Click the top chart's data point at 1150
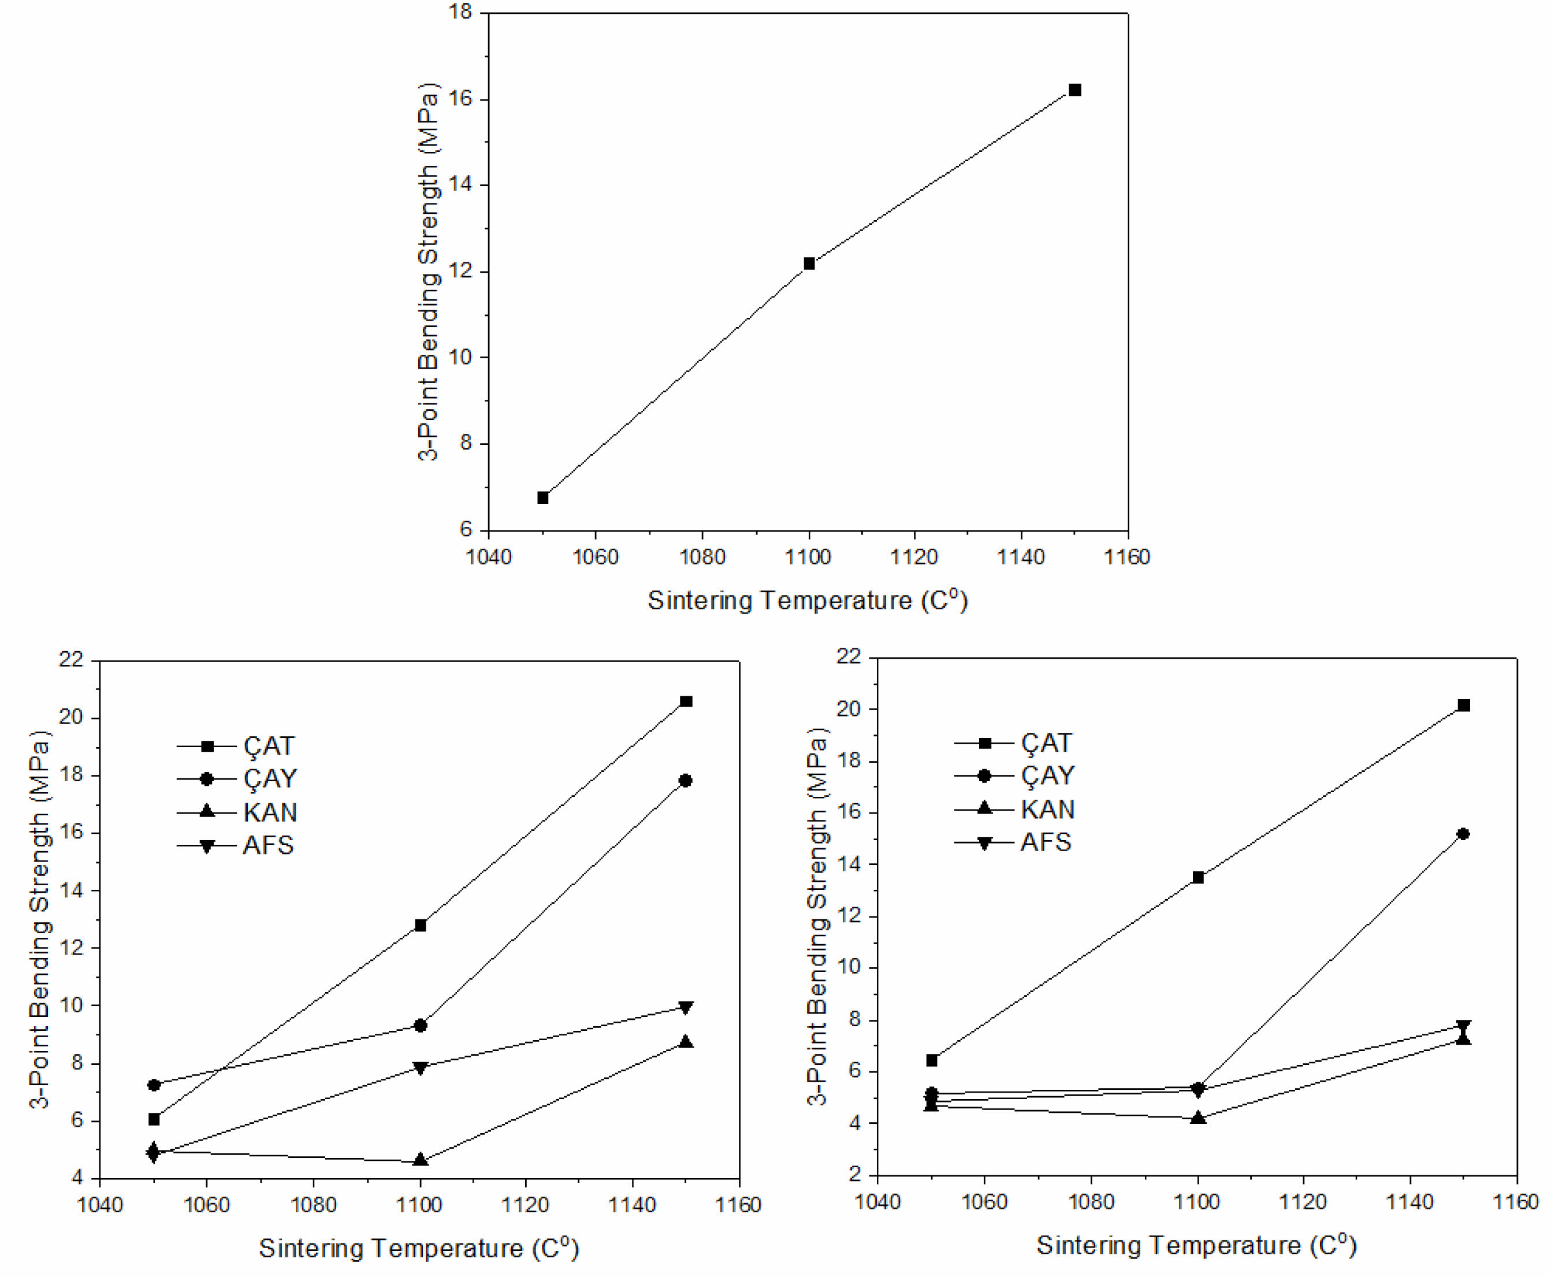pos(1074,90)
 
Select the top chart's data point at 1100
pos(809,263)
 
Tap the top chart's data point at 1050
pos(543,498)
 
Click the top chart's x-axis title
pos(807,600)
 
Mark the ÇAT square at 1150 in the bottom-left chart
pos(686,701)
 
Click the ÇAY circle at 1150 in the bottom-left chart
pos(686,781)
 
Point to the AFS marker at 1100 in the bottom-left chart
pos(420,1068)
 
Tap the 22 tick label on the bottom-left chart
pos(71,659)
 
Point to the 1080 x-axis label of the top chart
pos(702,558)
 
